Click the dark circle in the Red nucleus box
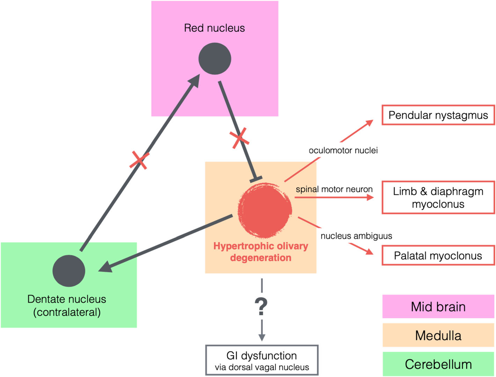[214, 59]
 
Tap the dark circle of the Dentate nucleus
[69, 271]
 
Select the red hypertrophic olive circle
[265, 210]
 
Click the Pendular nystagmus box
[438, 115]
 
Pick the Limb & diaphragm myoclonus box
[438, 197]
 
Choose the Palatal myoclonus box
[438, 256]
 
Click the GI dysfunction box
[262, 360]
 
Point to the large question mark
[261, 306]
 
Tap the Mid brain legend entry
[438, 306]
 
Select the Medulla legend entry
[438, 335]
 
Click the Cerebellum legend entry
[438, 364]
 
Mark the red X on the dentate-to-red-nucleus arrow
[139, 160]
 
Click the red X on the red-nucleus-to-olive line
[240, 138]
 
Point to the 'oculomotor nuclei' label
[343, 150]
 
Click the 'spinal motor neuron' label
[334, 189]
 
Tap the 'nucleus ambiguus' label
[356, 236]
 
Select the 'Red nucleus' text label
[214, 28]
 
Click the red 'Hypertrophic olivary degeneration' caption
[261, 252]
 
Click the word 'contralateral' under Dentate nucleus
[67, 312]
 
